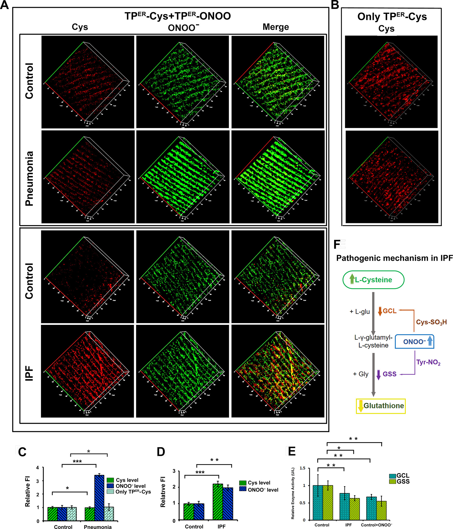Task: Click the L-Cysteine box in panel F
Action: (x=373, y=280)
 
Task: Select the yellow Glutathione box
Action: (x=381, y=406)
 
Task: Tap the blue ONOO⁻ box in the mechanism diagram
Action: (x=414, y=342)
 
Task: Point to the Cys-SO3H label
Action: (x=431, y=322)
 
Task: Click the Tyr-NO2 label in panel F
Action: (x=428, y=362)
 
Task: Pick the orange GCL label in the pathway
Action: (x=389, y=311)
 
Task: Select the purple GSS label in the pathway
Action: (x=389, y=374)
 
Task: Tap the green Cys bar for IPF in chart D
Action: (x=218, y=502)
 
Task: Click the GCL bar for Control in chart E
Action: (x=318, y=503)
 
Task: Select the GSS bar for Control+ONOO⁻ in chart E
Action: (x=381, y=510)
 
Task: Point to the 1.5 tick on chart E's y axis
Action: (x=302, y=468)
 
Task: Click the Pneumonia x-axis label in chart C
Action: (x=98, y=527)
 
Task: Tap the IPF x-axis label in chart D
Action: (x=221, y=526)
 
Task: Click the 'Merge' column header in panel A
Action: (x=276, y=27)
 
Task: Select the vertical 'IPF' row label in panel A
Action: (x=29, y=373)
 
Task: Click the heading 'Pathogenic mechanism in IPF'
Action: (x=394, y=258)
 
